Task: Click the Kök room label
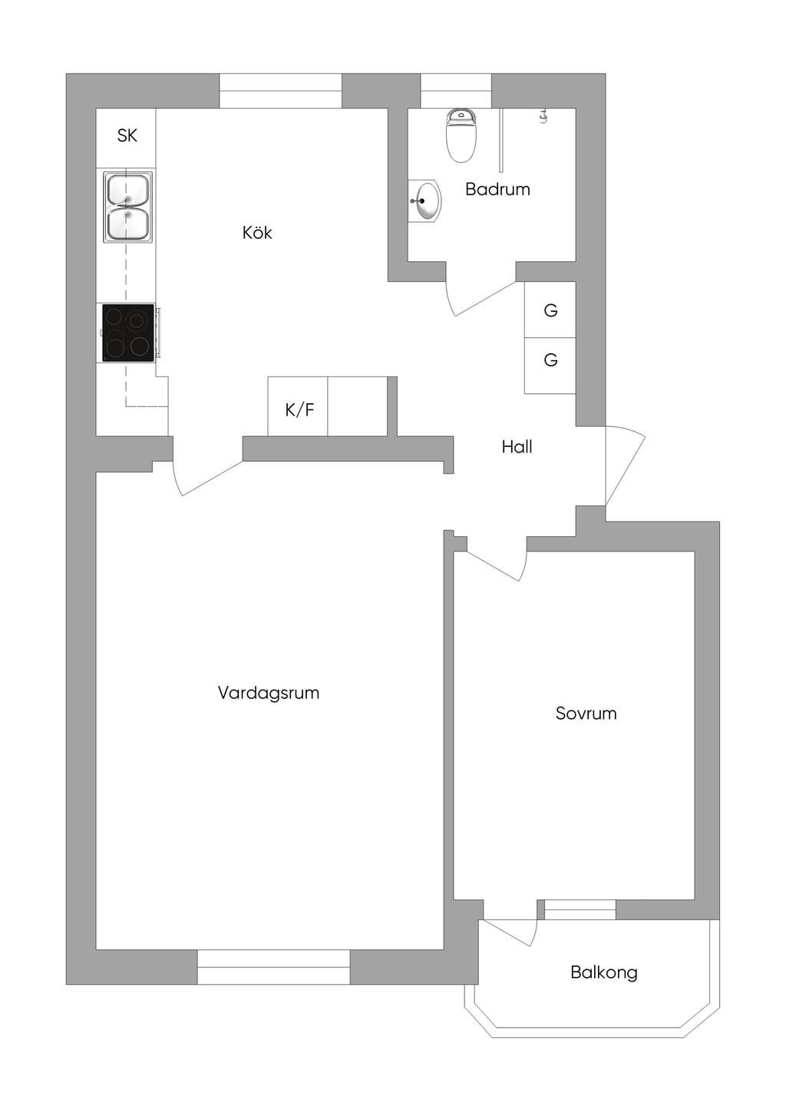pyautogui.click(x=257, y=233)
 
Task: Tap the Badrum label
pyautogui.click(x=497, y=189)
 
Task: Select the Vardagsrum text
pyautogui.click(x=269, y=692)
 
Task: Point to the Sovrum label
pyautogui.click(x=586, y=713)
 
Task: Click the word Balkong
pyautogui.click(x=604, y=972)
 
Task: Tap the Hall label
pyautogui.click(x=517, y=447)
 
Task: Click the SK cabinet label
pyautogui.click(x=127, y=135)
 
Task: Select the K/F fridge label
pyautogui.click(x=299, y=410)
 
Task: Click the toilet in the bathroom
pyautogui.click(x=461, y=136)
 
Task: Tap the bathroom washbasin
pyautogui.click(x=424, y=200)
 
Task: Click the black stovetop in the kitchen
pyautogui.click(x=128, y=333)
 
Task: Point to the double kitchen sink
pyautogui.click(x=127, y=207)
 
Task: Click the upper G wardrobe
pyautogui.click(x=550, y=310)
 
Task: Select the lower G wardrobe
pyautogui.click(x=550, y=366)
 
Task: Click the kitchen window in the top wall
pyautogui.click(x=280, y=91)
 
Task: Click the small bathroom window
pyautogui.click(x=456, y=91)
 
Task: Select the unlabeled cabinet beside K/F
pyautogui.click(x=358, y=406)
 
